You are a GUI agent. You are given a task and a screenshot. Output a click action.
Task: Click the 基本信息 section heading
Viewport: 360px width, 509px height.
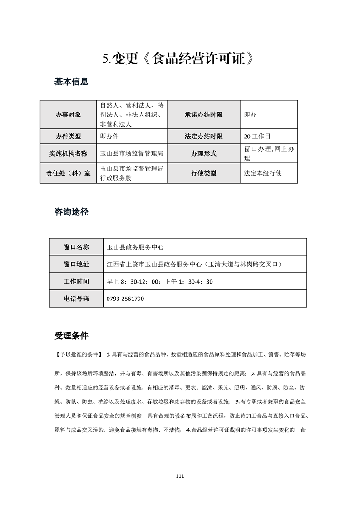[x=71, y=82]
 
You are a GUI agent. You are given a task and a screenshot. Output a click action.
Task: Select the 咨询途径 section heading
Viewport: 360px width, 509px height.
[x=71, y=212]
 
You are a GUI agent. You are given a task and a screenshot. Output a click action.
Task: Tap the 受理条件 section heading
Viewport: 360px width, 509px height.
[x=71, y=336]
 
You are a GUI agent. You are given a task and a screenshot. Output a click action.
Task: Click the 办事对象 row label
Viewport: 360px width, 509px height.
[x=69, y=115]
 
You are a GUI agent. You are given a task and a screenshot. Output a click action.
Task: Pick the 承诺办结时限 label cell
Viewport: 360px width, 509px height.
[x=204, y=115]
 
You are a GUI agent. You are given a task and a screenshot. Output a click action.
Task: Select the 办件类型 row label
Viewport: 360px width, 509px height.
[x=69, y=136]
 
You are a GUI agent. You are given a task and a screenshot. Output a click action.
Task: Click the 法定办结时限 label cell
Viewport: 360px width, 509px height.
[x=204, y=136]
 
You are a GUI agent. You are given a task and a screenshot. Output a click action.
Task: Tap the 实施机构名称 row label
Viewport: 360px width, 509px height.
[x=69, y=153]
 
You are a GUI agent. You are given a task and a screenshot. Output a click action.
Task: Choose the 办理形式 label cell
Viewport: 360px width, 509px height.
[x=204, y=153]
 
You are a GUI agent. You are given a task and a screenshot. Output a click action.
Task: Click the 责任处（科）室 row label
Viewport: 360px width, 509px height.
[x=69, y=173]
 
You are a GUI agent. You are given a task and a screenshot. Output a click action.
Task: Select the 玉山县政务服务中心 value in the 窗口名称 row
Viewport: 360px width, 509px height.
[x=134, y=247]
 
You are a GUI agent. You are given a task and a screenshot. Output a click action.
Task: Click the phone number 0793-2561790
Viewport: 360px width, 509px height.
[x=125, y=299]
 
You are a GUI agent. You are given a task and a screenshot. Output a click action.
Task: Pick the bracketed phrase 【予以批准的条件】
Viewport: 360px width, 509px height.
[x=78, y=353]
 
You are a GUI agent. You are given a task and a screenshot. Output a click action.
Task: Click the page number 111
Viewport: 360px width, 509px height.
[x=180, y=476]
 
